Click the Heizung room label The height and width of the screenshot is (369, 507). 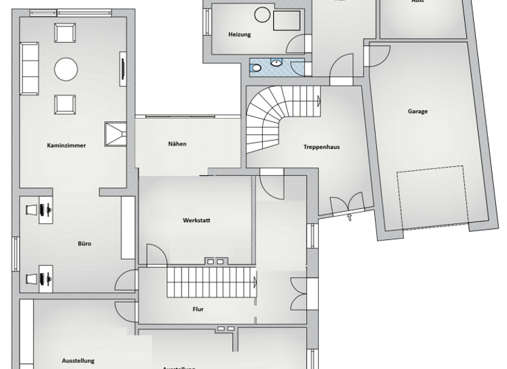[x=239, y=34]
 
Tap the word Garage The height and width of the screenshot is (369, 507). [x=417, y=111]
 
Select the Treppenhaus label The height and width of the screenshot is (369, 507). [x=321, y=147]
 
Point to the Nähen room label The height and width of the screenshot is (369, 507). [x=177, y=144]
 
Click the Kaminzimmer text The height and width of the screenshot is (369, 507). [x=66, y=144]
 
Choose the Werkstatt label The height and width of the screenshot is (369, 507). [x=196, y=220]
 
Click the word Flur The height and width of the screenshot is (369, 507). [x=197, y=308]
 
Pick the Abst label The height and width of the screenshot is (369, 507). [x=417, y=2]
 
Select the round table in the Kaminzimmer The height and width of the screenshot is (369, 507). [x=66, y=68]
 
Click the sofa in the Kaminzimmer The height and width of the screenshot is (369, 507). [x=30, y=68]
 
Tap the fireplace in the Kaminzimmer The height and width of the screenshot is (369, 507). [x=115, y=132]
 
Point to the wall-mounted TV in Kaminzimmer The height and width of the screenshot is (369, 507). [x=122, y=69]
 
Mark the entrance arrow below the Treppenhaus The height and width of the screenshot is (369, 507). [x=349, y=217]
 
